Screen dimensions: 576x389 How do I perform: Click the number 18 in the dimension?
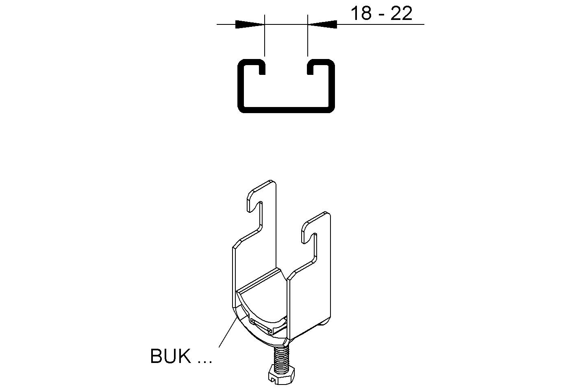(x=361, y=13)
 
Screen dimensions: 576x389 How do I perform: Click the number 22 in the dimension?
(x=401, y=13)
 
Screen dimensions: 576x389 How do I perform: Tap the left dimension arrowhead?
(x=250, y=24)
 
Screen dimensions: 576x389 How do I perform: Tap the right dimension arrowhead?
(x=322, y=24)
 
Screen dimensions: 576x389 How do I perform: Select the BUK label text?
(x=170, y=356)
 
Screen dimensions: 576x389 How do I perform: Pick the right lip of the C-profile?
(x=311, y=67)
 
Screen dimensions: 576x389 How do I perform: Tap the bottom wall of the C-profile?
(x=286, y=110)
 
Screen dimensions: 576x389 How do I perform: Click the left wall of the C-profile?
(x=241, y=86)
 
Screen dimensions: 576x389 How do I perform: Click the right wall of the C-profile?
(x=331, y=86)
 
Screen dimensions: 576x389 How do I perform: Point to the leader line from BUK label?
(x=228, y=332)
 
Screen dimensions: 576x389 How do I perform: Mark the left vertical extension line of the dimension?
(x=265, y=35)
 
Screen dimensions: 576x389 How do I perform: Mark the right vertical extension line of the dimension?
(x=308, y=35)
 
